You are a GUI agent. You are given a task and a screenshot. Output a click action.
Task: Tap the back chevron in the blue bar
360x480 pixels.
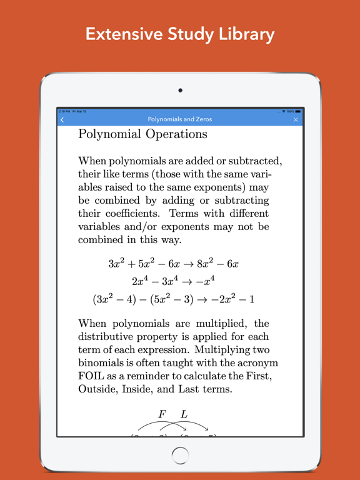[x=62, y=119]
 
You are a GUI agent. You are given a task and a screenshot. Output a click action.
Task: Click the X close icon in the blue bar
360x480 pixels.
[x=296, y=119]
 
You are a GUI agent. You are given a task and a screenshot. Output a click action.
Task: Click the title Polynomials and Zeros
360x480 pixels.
[x=179, y=119]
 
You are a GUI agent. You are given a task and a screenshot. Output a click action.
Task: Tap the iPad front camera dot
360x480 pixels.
[x=180, y=91]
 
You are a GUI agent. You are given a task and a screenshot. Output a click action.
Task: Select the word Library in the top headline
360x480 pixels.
[x=242, y=34]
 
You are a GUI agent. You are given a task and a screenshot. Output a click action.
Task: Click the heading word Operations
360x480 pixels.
[x=176, y=134]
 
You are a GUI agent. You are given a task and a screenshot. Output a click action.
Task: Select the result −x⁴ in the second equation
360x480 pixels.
[x=202, y=281]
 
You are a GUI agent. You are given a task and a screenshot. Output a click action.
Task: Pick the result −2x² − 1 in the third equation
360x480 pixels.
[x=232, y=299]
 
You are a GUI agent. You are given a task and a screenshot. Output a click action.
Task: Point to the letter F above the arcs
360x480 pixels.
[x=162, y=414]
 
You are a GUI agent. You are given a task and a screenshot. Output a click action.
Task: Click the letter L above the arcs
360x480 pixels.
[x=184, y=414]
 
